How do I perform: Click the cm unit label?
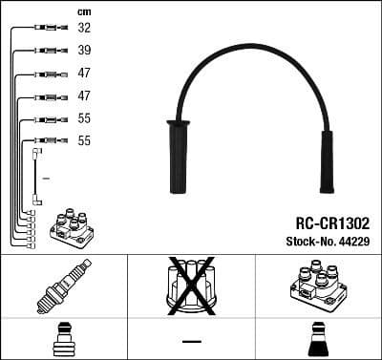coord(83,11)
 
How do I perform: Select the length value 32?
coord(84,29)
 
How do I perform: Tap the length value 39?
coord(84,51)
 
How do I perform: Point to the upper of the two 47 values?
coord(84,74)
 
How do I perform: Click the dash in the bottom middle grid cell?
coord(191,341)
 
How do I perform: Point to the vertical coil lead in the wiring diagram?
coord(36,177)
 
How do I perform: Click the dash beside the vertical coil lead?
coord(47,178)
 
